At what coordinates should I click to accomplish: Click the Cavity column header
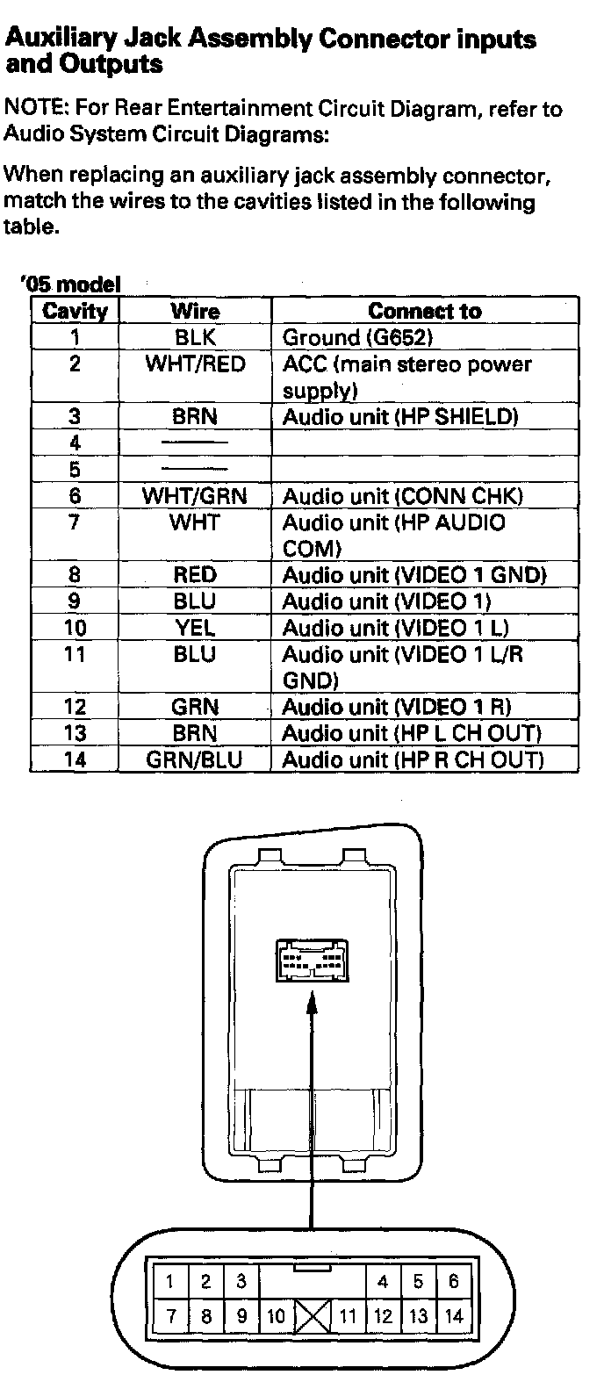[x=75, y=311]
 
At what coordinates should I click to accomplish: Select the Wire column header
[x=194, y=311]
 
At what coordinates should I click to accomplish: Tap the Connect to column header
[x=424, y=311]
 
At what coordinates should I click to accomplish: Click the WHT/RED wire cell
[x=194, y=363]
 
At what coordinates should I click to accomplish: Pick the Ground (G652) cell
[x=357, y=337]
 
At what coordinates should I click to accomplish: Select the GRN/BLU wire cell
[x=194, y=759]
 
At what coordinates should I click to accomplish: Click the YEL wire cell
[x=194, y=628]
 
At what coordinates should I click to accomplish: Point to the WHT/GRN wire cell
[x=194, y=496]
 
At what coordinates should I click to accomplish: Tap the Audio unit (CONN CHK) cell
[x=402, y=496]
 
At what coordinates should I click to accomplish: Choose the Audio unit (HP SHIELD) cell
[x=399, y=417]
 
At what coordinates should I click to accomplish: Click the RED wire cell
[x=194, y=575]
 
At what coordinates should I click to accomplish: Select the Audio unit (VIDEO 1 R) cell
[x=396, y=707]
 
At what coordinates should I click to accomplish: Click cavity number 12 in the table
[x=75, y=707]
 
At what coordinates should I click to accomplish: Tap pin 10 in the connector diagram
[x=277, y=1315]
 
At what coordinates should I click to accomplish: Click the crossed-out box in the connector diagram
[x=313, y=1315]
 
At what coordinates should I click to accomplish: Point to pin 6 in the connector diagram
[x=453, y=1281]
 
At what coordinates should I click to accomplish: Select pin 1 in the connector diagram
[x=170, y=1281]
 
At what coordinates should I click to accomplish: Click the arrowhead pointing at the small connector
[x=311, y=998]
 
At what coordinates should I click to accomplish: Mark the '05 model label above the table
[x=69, y=284]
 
